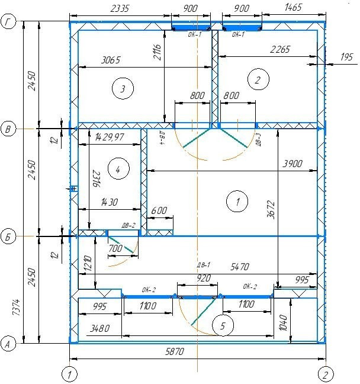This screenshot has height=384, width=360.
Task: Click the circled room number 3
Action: [123, 88]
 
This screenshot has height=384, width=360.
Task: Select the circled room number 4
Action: [118, 169]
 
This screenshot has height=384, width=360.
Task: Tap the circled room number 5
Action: [223, 325]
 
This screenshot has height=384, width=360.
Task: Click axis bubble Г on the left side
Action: [8, 21]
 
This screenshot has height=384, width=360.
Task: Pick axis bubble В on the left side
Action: [8, 129]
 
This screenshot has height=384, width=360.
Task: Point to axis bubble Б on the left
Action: [8, 237]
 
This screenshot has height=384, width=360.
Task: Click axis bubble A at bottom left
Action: [8, 344]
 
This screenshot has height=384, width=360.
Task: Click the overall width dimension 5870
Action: [175, 351]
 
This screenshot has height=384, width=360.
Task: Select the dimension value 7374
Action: [16, 307]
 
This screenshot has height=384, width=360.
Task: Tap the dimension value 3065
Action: [111, 60]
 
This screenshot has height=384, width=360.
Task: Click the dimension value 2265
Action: [280, 49]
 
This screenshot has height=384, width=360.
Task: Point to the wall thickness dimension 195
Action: [346, 57]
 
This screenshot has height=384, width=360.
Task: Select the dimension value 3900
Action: [292, 164]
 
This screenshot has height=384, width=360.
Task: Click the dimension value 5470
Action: [240, 267]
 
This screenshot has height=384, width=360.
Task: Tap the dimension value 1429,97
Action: [110, 137]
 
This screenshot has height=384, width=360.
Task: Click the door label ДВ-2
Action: [128, 225]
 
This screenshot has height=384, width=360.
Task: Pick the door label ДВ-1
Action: [203, 265]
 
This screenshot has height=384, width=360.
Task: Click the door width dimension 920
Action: [204, 278]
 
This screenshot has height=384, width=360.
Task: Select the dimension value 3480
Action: [99, 328]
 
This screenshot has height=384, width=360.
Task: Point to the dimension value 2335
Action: [120, 8]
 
